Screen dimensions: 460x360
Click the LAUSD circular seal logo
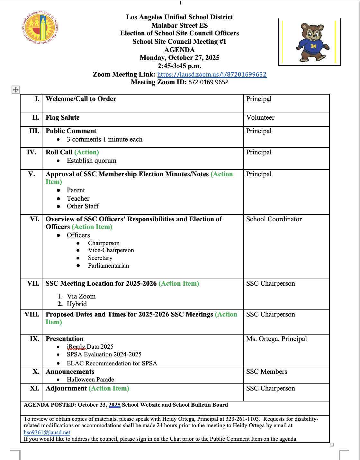pyautogui.click(x=40, y=28)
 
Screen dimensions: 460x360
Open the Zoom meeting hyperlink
pyautogui.click(x=212, y=74)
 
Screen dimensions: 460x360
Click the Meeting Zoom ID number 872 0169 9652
pyautogui.click(x=208, y=82)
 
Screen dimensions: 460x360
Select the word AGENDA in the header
pyautogui.click(x=179, y=50)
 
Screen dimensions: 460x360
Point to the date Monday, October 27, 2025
pyautogui.click(x=179, y=58)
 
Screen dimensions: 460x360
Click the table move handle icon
pyautogui.click(x=15, y=90)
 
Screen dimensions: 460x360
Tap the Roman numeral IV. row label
pyautogui.click(x=32, y=152)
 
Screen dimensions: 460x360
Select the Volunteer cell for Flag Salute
pyautogui.click(x=260, y=117)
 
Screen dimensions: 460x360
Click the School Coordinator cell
pyautogui.click(x=274, y=219)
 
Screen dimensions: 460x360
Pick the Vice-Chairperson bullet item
pyautogui.click(x=111, y=250)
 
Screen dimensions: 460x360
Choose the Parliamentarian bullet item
pyautogui.click(x=108, y=266)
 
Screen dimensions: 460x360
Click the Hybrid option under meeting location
pyautogui.click(x=77, y=304)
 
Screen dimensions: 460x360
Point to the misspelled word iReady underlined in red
pyautogui.click(x=76, y=347)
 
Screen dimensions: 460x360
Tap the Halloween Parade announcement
pyautogui.click(x=90, y=380)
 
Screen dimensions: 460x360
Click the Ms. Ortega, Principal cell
pyautogui.click(x=276, y=339)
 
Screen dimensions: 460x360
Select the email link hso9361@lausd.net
pyautogui.click(x=47, y=432)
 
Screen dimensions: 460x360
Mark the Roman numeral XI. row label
pyautogui.click(x=34, y=388)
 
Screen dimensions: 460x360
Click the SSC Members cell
pyautogui.click(x=266, y=372)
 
